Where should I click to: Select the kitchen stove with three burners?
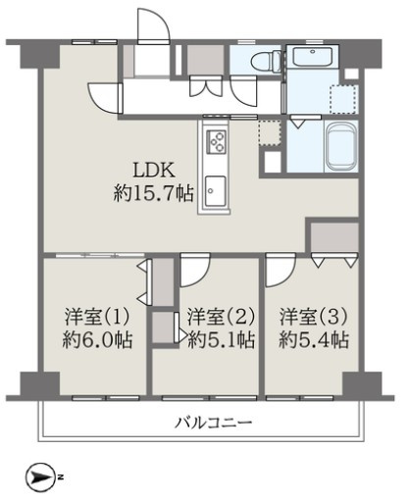(x=216, y=141)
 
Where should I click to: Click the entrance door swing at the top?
(x=152, y=22)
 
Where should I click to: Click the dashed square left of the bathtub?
(x=270, y=133)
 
